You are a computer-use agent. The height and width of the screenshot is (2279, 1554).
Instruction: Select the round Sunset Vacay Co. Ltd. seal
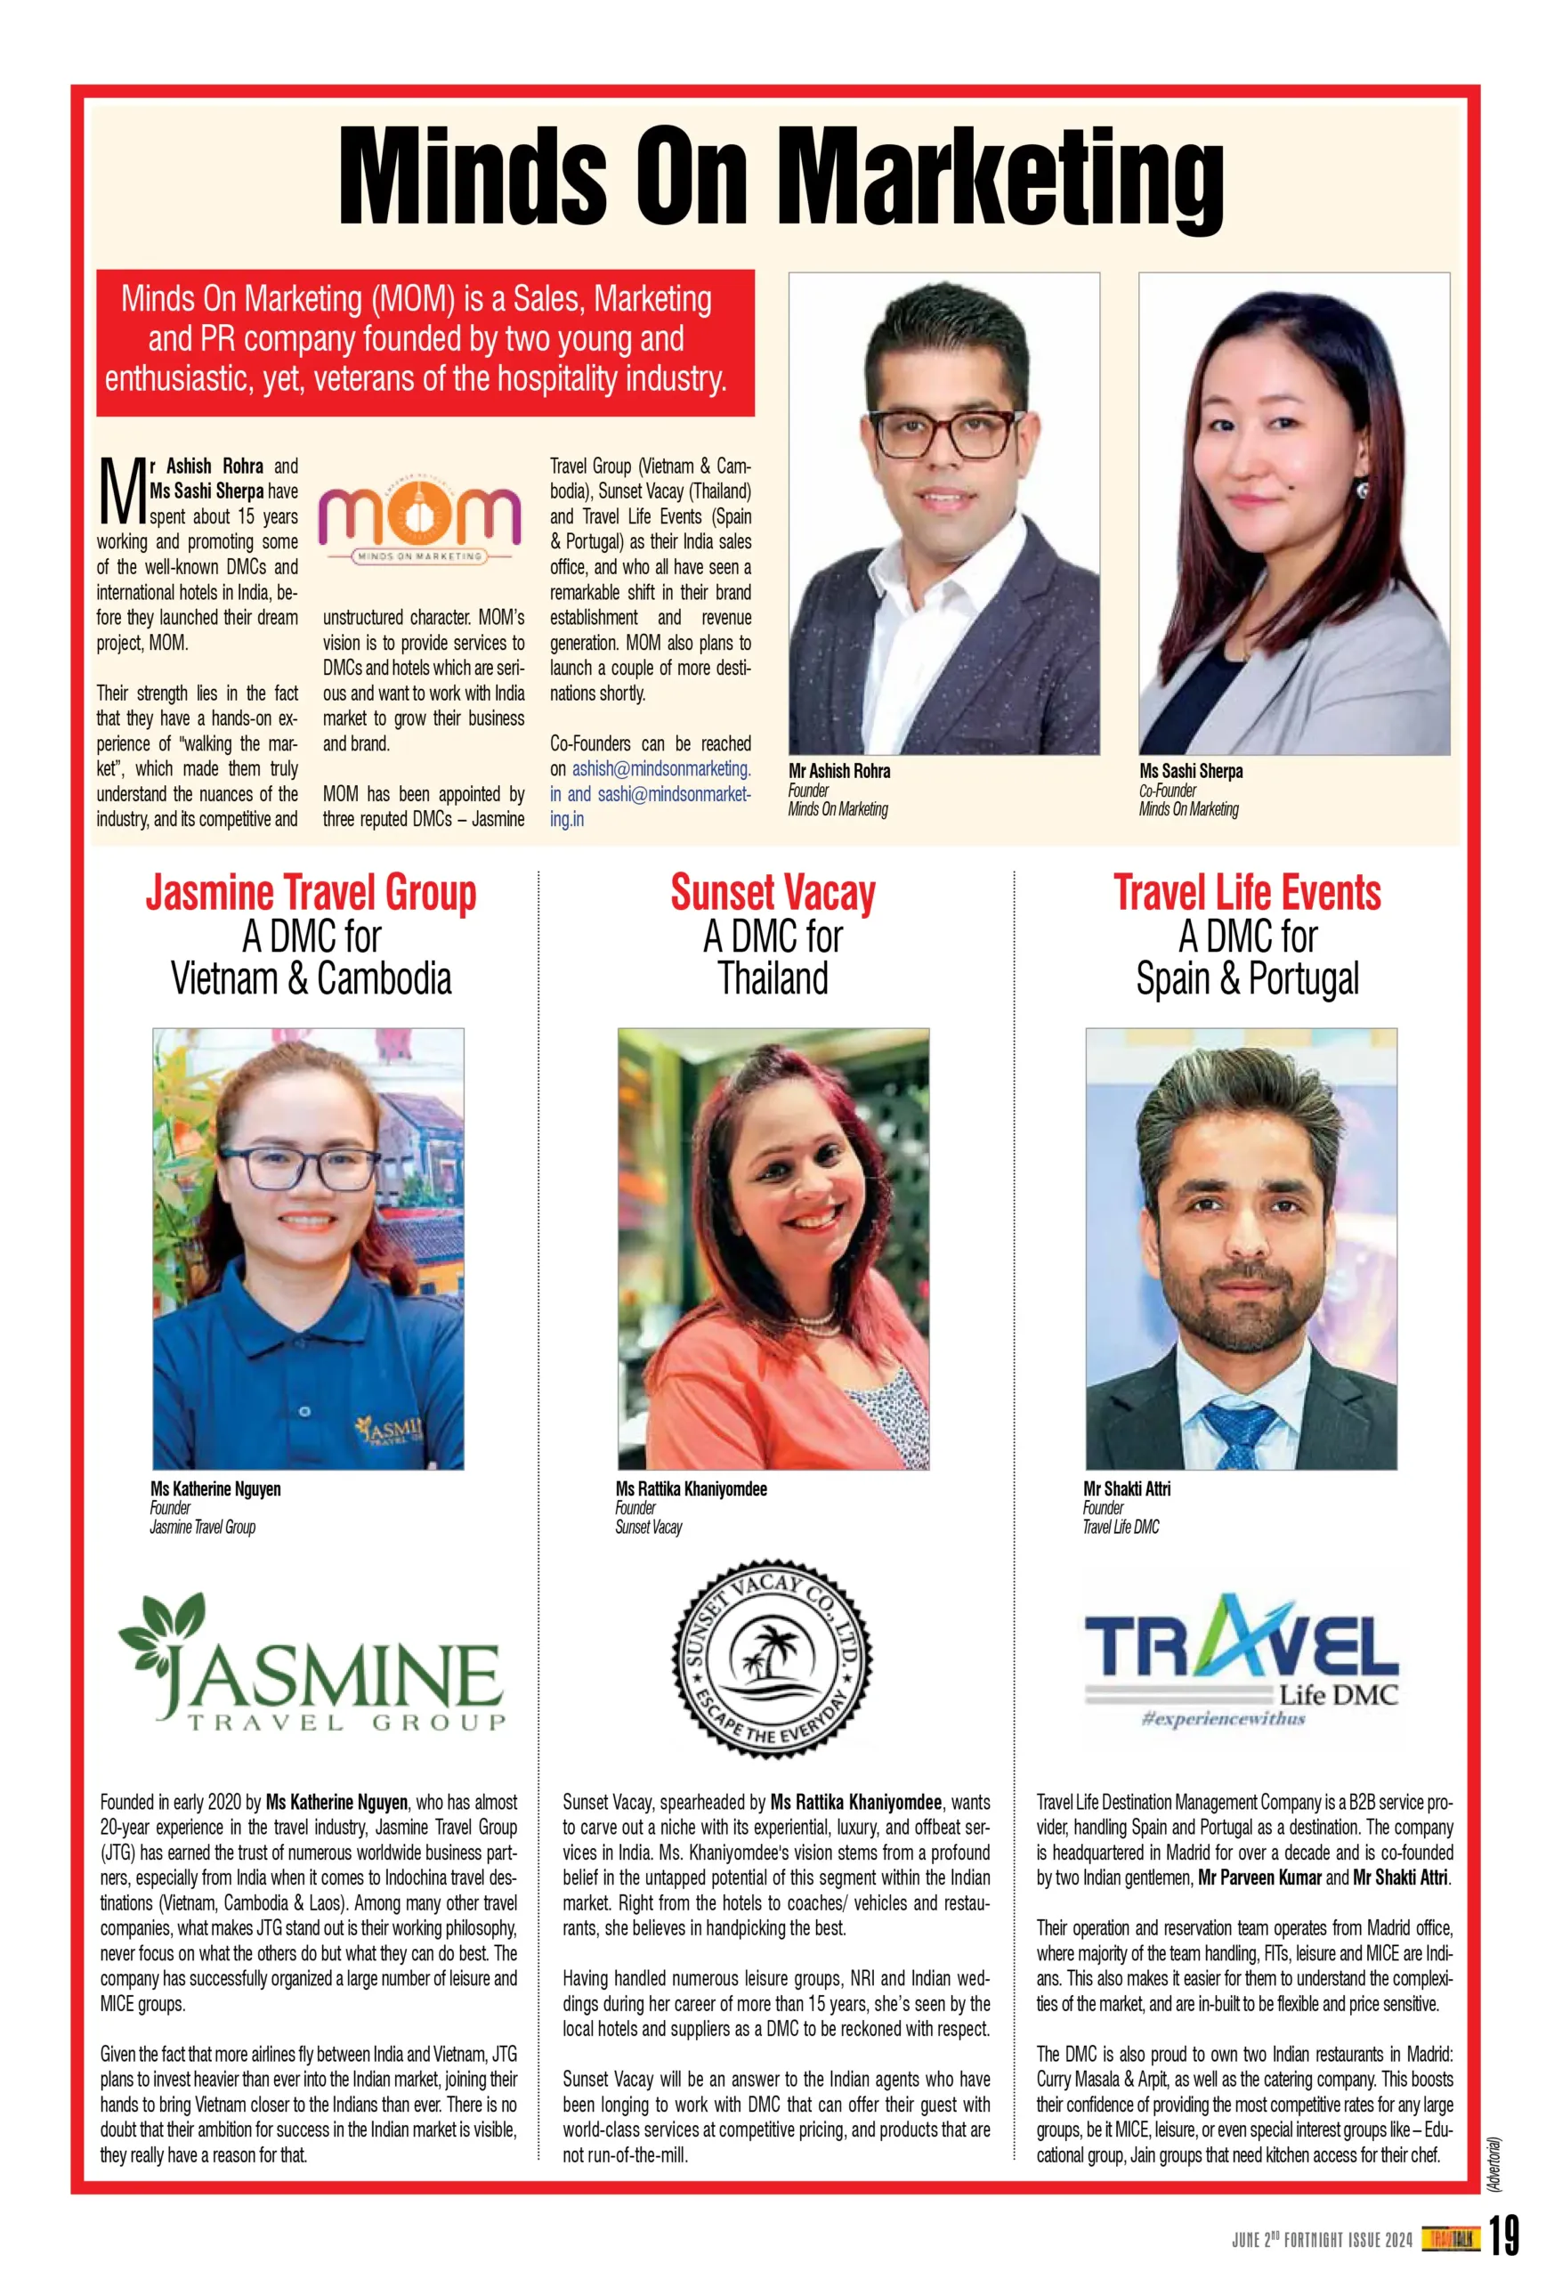coord(772,1659)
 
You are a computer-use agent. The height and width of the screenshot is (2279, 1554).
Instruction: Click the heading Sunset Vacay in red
coord(773,894)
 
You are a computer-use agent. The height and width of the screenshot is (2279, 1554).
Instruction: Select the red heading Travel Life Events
coord(1246,894)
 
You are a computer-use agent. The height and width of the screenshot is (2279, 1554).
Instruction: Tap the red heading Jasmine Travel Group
coord(311,894)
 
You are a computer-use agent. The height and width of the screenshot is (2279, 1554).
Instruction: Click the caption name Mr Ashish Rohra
coord(839,772)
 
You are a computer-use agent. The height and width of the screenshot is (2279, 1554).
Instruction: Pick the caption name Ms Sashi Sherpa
coord(1190,772)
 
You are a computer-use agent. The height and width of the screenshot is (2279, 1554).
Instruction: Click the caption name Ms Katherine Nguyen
coord(215,1488)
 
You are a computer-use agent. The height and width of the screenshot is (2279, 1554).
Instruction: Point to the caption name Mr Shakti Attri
coord(1127,1488)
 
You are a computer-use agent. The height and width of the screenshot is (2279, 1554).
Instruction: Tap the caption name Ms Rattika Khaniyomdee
coord(692,1488)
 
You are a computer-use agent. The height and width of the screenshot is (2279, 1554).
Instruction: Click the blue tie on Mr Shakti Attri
coord(1237,1432)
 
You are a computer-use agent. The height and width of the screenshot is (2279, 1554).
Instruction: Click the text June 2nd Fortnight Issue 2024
coord(1322,2240)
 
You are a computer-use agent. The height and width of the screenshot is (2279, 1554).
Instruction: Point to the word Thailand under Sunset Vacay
coord(773,978)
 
